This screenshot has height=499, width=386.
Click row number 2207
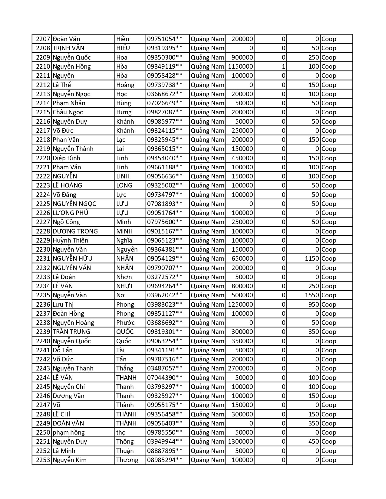43,39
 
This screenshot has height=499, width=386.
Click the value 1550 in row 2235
312,295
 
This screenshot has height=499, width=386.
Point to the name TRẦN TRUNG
71,332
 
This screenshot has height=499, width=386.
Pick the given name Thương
127,460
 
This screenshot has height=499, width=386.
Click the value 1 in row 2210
283,67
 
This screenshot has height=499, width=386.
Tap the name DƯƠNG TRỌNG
75,231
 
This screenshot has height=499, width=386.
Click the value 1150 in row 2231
312,259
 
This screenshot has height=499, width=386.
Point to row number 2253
43,460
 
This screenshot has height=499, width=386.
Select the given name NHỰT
125,286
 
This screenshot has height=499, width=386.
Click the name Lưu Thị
63,305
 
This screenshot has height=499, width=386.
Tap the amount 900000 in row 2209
242,57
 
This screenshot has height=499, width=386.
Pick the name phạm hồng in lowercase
69,432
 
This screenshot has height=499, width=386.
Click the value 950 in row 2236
314,305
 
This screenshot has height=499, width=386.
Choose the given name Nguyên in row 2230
127,249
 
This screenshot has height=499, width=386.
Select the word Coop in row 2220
329,158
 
